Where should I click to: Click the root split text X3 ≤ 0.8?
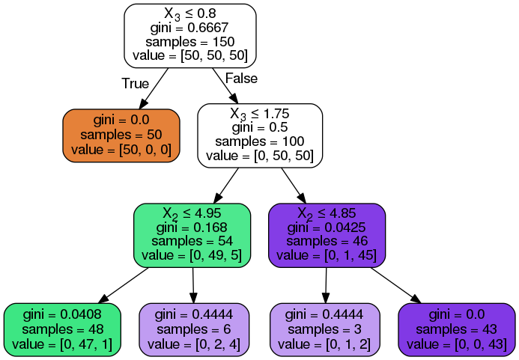point(190,14)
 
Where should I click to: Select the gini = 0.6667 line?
point(189,28)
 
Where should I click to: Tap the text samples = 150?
point(190,42)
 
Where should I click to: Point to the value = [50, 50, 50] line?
point(190,55)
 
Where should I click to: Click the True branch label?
point(136,83)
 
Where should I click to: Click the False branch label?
point(241,79)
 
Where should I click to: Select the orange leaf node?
point(121,135)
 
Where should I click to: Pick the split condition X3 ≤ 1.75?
point(260,115)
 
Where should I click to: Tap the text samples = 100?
point(260,141)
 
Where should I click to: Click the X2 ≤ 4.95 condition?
point(192,213)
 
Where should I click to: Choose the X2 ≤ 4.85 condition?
point(327,213)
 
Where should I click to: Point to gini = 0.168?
point(192,228)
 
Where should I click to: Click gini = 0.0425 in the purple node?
point(327,228)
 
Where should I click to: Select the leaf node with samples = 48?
point(63,329)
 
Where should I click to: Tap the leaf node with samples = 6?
point(194,329)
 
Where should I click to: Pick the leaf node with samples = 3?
point(325,329)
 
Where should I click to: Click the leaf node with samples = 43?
point(457,329)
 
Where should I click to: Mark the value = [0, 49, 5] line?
point(192,255)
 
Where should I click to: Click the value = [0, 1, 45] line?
point(327,255)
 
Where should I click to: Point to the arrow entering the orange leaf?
point(154,88)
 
